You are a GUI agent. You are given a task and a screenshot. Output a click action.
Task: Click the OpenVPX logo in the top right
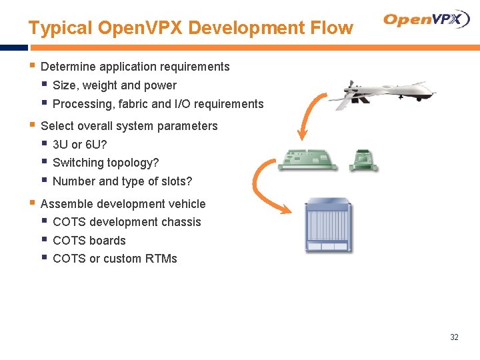(x=427, y=19)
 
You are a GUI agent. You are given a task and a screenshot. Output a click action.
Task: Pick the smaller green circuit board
(x=364, y=160)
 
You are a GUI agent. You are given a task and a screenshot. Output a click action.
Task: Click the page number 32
(x=454, y=337)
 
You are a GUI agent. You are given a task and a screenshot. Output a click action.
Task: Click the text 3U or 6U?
(x=79, y=144)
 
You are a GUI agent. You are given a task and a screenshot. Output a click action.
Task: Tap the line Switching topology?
(x=105, y=163)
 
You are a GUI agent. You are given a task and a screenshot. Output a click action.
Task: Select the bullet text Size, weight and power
(x=114, y=85)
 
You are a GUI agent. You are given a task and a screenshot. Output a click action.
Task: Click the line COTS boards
(x=89, y=241)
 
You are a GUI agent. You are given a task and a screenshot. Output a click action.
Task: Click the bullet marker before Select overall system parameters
(x=32, y=125)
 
